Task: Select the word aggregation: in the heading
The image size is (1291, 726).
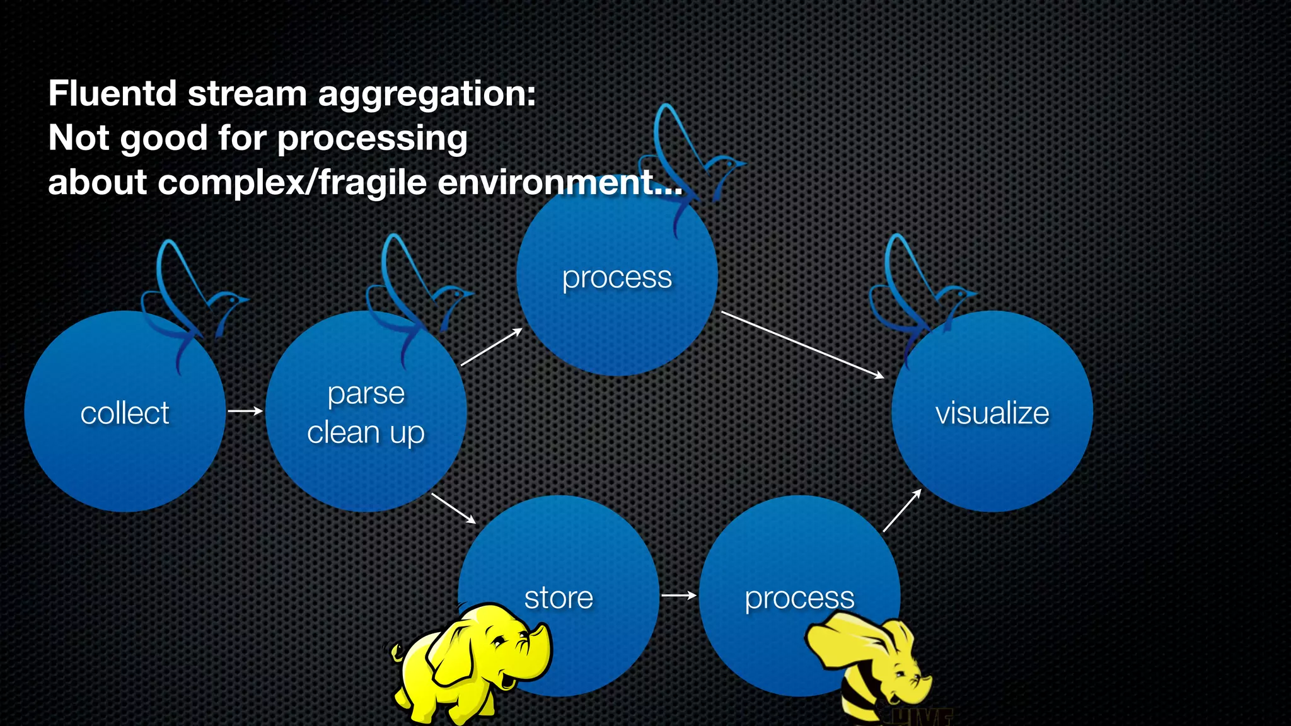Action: click(x=427, y=95)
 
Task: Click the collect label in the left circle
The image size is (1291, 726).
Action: click(x=125, y=413)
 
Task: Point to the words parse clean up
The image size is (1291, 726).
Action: click(x=366, y=413)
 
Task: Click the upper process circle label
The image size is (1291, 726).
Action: click(x=617, y=277)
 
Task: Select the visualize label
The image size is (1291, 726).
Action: click(x=992, y=413)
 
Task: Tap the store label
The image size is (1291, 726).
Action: click(x=559, y=597)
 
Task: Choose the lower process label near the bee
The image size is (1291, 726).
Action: click(x=799, y=597)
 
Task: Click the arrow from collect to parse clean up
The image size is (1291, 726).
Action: click(x=245, y=411)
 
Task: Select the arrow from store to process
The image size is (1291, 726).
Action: click(x=679, y=595)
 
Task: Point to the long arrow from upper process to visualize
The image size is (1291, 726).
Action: click(x=802, y=345)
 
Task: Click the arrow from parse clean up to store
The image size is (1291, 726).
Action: click(x=453, y=508)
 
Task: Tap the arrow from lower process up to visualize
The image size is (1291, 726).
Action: click(x=902, y=510)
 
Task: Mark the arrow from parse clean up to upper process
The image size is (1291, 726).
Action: click(x=491, y=347)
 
